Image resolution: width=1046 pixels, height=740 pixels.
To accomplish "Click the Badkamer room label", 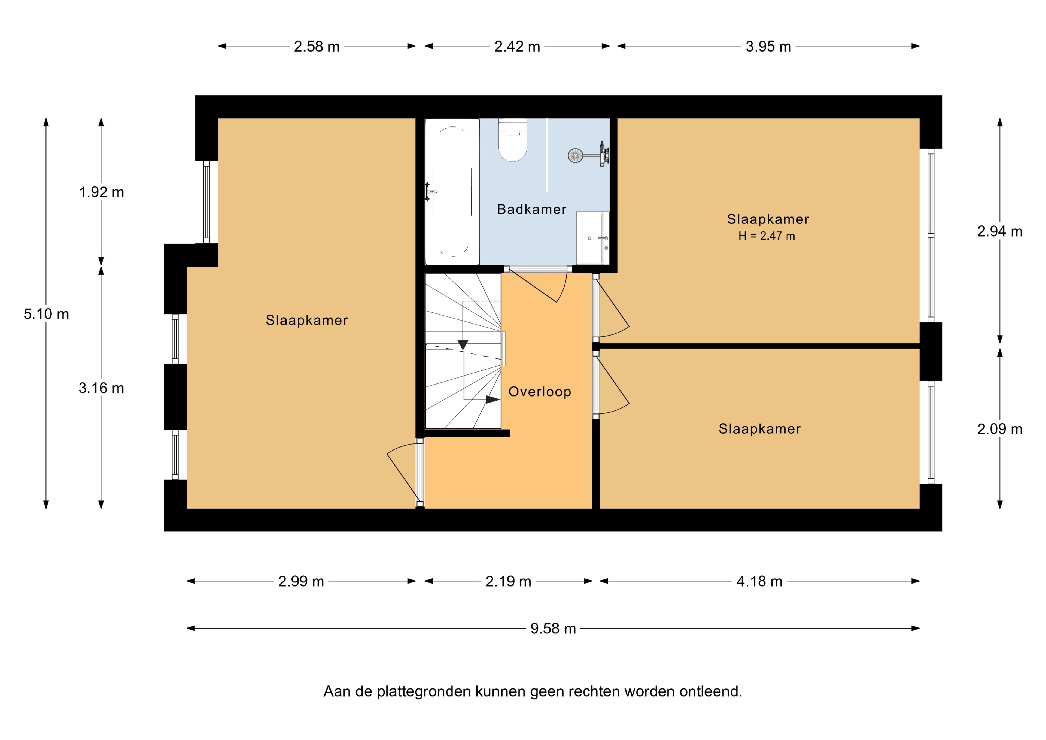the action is tap(532, 209).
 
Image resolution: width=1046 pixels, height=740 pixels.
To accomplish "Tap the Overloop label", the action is tap(540, 392).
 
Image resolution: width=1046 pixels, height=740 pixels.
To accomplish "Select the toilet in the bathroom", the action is tap(513, 140).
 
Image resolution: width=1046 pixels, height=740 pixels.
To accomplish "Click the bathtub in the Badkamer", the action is tap(452, 192).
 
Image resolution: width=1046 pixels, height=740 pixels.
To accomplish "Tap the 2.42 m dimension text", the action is tap(517, 47).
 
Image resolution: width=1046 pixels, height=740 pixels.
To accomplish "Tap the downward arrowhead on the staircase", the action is tap(463, 345).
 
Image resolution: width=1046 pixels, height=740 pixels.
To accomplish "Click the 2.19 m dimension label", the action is tap(508, 581).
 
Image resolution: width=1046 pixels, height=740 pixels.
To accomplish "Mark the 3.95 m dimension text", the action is tap(768, 47).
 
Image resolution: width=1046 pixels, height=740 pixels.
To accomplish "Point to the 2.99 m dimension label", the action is tap(301, 581).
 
